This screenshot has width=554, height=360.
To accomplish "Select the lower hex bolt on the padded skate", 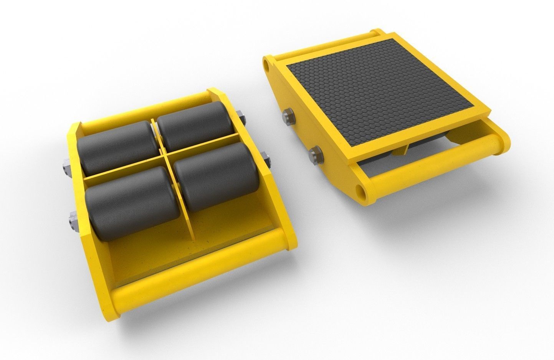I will [316, 155].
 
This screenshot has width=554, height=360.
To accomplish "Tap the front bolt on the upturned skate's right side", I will [265, 159].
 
